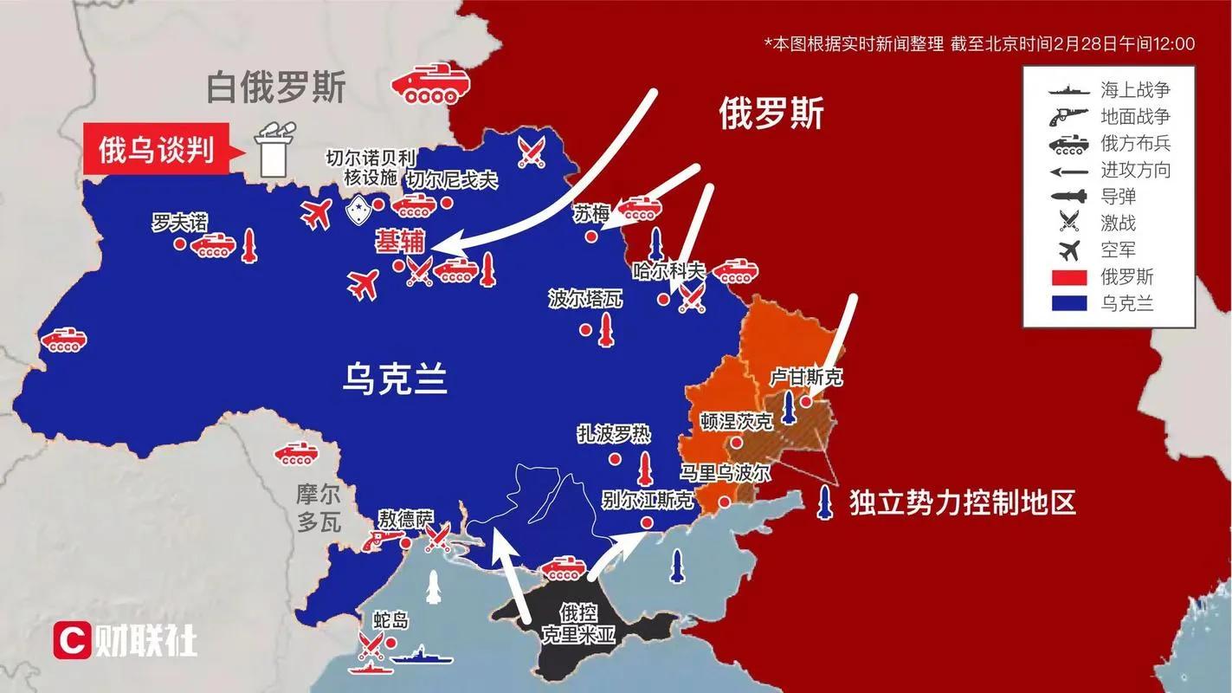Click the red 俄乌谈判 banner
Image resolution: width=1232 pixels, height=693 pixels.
(x=157, y=151)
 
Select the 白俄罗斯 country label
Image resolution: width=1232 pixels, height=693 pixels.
(x=276, y=87)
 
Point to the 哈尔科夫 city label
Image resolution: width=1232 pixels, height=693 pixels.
(x=669, y=269)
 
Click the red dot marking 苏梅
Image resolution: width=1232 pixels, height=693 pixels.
(x=590, y=236)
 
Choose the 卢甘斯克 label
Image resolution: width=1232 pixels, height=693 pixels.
(x=806, y=378)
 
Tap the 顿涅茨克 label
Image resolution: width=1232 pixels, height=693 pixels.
(x=736, y=421)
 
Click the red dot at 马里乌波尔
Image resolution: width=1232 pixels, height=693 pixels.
(x=724, y=501)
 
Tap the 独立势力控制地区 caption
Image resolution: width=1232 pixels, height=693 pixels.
(x=962, y=502)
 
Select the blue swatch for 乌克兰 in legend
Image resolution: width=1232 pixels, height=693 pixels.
(x=1068, y=304)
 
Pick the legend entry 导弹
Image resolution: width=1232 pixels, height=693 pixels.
(x=1118, y=197)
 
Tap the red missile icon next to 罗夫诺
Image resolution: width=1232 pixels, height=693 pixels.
(x=249, y=246)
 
